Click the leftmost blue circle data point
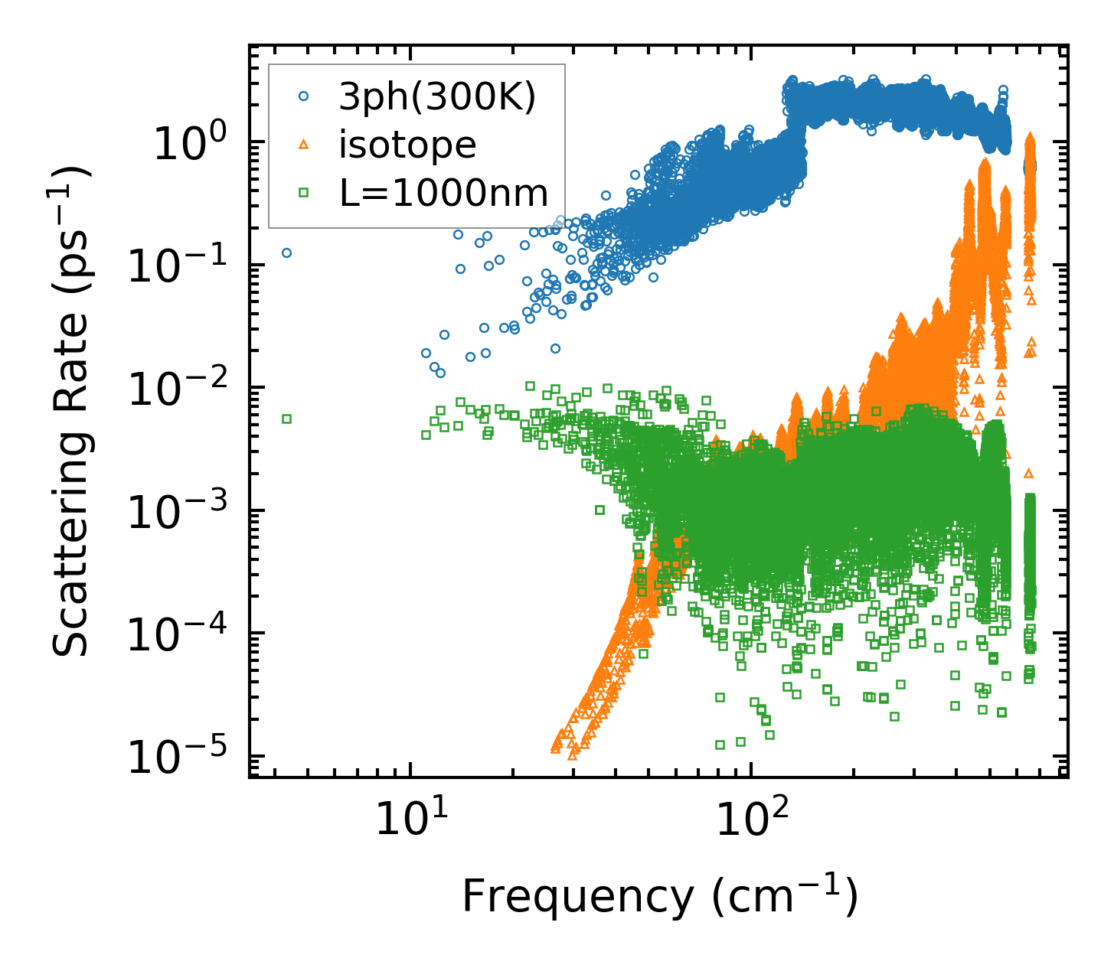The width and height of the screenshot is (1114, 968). [x=287, y=253]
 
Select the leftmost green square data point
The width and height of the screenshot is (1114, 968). [x=287, y=419]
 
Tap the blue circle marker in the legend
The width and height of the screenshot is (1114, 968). [x=304, y=96]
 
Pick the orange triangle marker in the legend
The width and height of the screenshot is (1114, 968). [x=304, y=144]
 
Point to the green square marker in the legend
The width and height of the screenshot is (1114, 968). [x=304, y=192]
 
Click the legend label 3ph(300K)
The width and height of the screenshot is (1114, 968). [x=437, y=97]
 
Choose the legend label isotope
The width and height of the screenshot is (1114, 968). [x=407, y=145]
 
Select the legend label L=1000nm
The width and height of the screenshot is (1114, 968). [x=443, y=193]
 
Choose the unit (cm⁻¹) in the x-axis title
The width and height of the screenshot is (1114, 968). [x=784, y=896]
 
